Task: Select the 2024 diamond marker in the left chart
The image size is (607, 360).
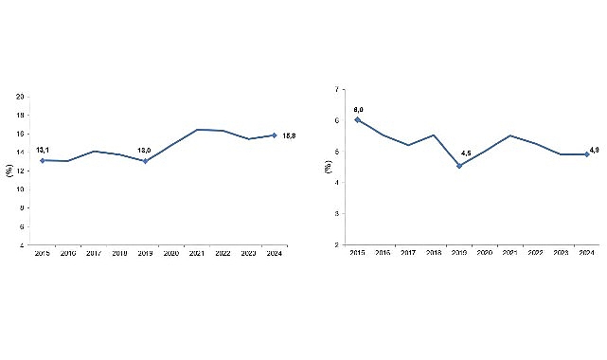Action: point(274,135)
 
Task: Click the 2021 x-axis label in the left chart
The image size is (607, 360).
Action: point(197,254)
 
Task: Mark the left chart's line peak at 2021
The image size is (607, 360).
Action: point(197,129)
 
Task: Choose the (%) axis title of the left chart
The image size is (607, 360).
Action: point(9,171)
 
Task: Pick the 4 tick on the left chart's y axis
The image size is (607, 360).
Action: point(23,245)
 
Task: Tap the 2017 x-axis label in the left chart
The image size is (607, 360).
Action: point(94,254)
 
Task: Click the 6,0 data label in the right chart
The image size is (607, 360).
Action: point(358,110)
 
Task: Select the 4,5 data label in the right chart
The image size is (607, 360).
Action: point(466,153)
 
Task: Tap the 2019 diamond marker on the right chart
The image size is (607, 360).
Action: point(459,166)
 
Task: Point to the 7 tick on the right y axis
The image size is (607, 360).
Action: point(337,90)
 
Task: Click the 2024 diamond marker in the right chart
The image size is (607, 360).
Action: point(587,153)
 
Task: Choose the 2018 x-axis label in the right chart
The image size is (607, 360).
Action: point(434,253)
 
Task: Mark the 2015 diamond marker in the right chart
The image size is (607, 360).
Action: point(357,119)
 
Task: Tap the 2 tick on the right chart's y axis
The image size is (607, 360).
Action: point(337,244)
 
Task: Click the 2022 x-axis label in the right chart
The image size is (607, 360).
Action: point(536,253)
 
